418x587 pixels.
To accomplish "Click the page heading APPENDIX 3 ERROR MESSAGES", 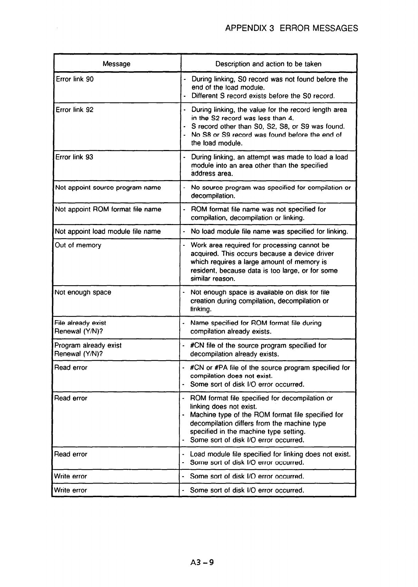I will (291, 28).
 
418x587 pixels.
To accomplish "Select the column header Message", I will (116, 64).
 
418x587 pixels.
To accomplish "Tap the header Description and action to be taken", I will (268, 64).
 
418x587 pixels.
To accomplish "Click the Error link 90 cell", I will (75, 79).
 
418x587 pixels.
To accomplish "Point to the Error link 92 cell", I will (75, 110).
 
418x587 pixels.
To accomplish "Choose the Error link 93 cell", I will (74, 157).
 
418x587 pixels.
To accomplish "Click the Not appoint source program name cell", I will (108, 188).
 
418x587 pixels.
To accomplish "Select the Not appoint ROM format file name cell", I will (108, 209).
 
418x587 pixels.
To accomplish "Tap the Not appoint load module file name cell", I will (108, 232).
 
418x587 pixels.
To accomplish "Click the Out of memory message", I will (78, 245).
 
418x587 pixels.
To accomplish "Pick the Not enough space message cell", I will (83, 292).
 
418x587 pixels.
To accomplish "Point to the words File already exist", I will (80, 323).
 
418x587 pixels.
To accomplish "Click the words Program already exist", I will (88, 345).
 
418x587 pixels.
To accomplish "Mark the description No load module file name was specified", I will (269, 232).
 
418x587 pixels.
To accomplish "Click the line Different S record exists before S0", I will (263, 96).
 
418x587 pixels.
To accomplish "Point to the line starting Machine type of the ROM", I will (266, 415).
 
